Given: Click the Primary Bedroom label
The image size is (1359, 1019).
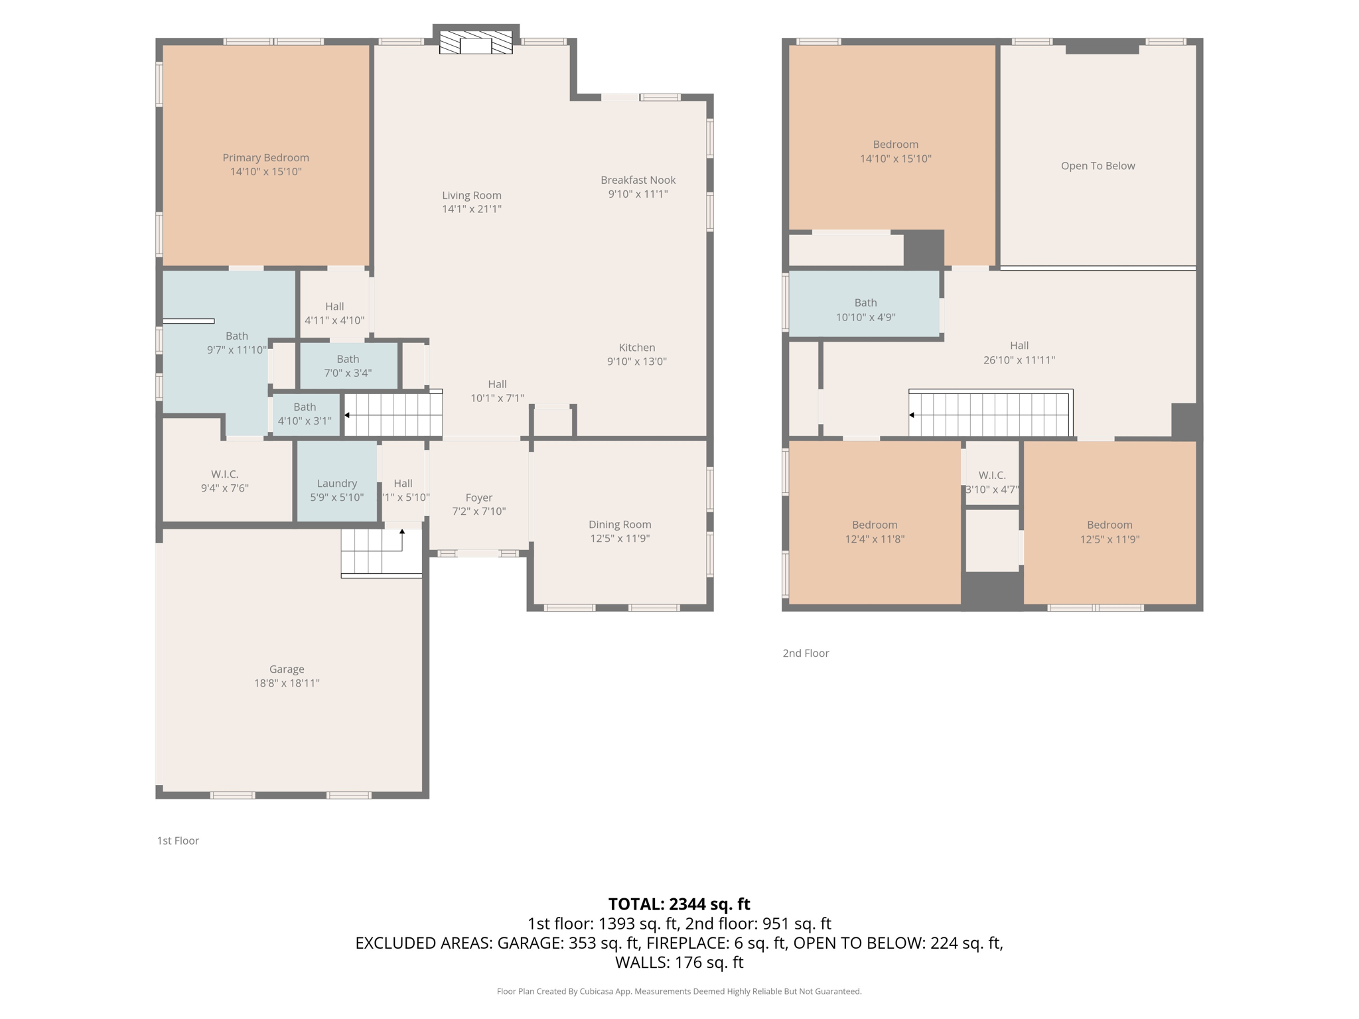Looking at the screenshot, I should coord(265,158).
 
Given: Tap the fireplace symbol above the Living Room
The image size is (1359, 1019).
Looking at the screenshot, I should coord(476,43).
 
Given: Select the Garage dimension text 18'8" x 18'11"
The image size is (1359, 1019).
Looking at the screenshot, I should coord(287,683).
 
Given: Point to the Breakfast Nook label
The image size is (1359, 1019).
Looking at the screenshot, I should coord(638,180).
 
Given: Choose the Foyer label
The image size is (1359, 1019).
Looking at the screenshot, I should coord(478,498).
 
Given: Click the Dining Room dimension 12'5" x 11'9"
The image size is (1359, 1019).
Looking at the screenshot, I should coord(620,539).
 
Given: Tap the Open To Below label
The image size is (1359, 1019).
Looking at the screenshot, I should coord(1098,166).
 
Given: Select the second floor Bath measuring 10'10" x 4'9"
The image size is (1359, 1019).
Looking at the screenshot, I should coord(865,309).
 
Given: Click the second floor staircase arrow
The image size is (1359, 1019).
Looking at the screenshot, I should coord(912,415).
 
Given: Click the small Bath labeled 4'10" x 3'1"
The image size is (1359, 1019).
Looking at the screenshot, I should coord(305,413).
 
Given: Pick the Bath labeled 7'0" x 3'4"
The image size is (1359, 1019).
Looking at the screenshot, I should coord(348,366).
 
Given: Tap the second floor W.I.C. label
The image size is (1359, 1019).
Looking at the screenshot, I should coord(992,475).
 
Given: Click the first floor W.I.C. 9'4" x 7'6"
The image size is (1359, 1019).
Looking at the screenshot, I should coord(225,481).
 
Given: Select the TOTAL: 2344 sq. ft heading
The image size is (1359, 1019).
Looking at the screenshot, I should coord(679,904).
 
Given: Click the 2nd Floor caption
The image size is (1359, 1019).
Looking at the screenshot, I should coord(806,653).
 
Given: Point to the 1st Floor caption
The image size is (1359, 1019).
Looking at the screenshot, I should coord(178,841).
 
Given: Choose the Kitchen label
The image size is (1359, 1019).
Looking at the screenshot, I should coord(636,348).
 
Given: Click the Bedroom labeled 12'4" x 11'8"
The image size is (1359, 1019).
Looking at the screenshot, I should coord(875,531).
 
